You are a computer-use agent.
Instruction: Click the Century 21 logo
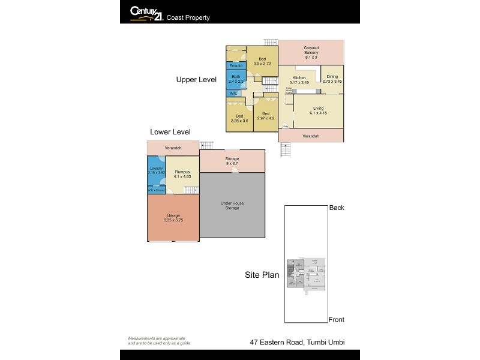[145, 13]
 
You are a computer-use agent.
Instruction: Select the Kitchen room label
[299, 80]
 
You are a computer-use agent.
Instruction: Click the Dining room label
[332, 79]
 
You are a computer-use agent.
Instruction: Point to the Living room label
[318, 110]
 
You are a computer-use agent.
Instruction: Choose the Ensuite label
[235, 65]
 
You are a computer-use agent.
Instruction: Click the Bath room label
[235, 79]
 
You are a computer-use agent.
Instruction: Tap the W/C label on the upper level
[233, 93]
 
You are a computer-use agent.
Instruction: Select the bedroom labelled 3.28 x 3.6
[239, 118]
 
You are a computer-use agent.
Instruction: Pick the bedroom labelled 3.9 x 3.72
[262, 61]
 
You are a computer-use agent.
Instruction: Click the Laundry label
[155, 170]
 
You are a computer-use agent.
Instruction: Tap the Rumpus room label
[182, 174]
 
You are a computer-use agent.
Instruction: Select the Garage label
[173, 218]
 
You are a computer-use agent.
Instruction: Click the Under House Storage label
[232, 206]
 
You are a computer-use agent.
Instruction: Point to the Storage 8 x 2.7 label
[232, 161]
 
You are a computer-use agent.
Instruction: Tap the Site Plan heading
[262, 275]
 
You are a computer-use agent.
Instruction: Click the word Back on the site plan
[337, 208]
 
